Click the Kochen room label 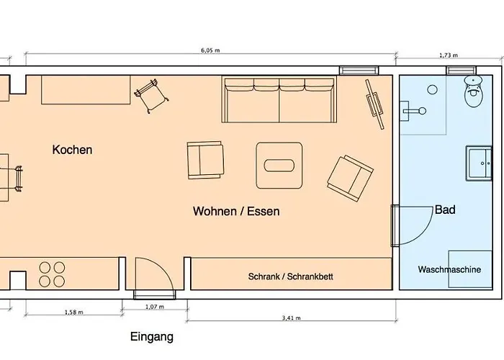tap(72, 150)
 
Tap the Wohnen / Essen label tap(236, 211)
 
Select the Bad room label tap(445, 210)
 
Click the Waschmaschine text tap(449, 269)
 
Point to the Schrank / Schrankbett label tap(291, 276)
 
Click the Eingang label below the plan tap(152, 337)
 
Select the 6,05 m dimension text tap(210, 50)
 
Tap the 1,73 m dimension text tap(449, 55)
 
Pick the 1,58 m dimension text tap(74, 312)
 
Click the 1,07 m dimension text tap(155, 307)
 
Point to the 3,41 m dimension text tap(291, 318)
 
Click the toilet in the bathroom tap(474, 91)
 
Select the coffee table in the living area tap(279, 165)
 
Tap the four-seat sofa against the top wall tap(279, 99)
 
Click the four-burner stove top tap(52, 274)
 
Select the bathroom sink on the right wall tap(480, 163)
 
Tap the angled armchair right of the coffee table tap(350, 179)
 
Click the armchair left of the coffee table tap(205, 160)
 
